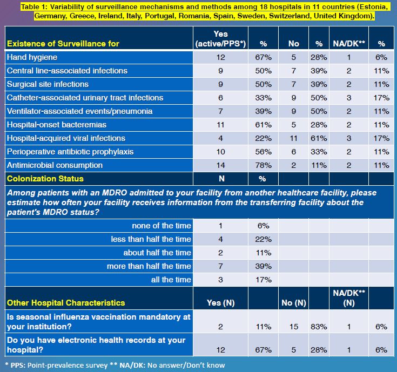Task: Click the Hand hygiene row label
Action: pyautogui.click(x=32, y=57)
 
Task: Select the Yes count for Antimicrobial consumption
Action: pyautogui.click(x=221, y=165)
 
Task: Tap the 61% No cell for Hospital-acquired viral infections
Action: pyautogui.click(x=318, y=138)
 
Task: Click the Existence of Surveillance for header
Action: pyautogui.click(x=63, y=43)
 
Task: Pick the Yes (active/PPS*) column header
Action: pyautogui.click(x=221, y=38)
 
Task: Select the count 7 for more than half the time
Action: pyautogui.click(x=221, y=266)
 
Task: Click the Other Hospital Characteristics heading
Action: pyautogui.click(x=65, y=303)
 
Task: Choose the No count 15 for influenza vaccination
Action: pyautogui.click(x=294, y=327)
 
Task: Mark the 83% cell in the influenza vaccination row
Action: pyautogui.click(x=318, y=327)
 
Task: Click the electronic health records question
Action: pyautogui.click(x=95, y=344)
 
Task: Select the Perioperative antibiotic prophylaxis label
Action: pyautogui.click(x=70, y=152)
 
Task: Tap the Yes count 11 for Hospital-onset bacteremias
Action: pyautogui.click(x=221, y=125)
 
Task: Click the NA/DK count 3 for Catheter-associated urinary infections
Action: pyautogui.click(x=348, y=98)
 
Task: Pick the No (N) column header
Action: pyautogui.click(x=294, y=303)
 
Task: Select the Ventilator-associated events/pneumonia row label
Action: pyautogui.click(x=79, y=111)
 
